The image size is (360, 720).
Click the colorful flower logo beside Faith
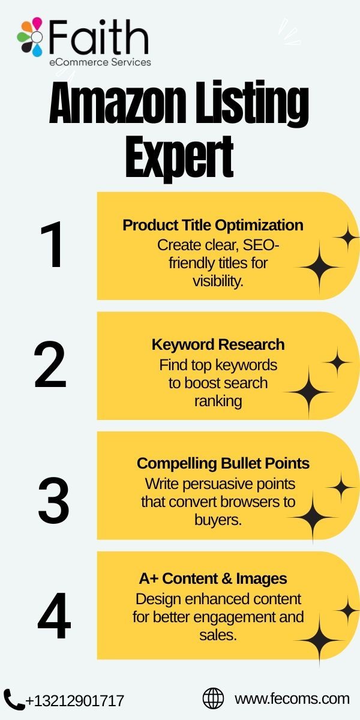coord(30,37)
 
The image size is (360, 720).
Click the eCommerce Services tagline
coord(100,62)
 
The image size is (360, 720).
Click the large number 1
coord(52,244)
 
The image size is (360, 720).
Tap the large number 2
coord(50,365)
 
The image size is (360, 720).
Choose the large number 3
coord(53,500)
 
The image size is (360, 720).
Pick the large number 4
coord(54,616)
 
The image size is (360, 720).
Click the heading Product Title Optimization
coord(213,226)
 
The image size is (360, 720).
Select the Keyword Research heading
coord(218,344)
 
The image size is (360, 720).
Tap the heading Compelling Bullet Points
coord(223,463)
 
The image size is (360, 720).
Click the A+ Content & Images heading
coord(213,578)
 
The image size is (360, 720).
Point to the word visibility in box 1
coord(217,281)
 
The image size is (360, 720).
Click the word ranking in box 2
coord(218,401)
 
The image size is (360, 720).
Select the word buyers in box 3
coord(217,520)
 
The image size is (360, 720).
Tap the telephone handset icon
coord(14,700)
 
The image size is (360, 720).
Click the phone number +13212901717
coord(74,701)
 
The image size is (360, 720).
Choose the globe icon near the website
coord(213,698)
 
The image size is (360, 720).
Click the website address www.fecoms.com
coord(292,699)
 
